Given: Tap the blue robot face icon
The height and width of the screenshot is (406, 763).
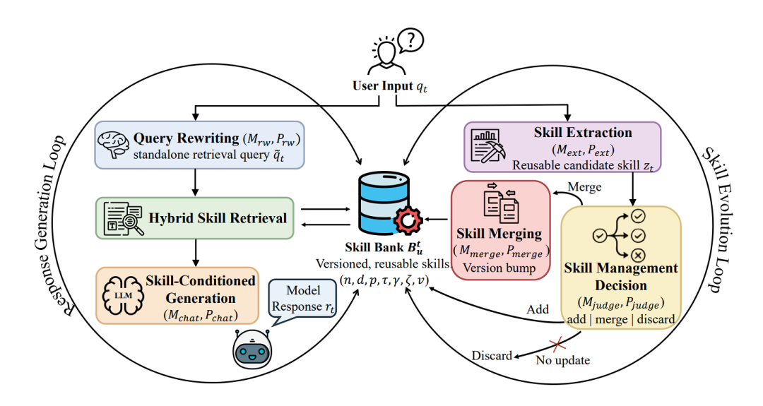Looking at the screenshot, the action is click(x=252, y=349).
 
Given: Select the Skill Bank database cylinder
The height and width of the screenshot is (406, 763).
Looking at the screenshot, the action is click(x=384, y=204).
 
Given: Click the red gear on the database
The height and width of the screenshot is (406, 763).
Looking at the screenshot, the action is click(x=408, y=220).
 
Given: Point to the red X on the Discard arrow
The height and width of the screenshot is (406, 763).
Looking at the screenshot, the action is click(x=557, y=345).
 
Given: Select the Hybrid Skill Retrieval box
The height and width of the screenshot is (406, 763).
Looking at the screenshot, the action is click(x=195, y=218).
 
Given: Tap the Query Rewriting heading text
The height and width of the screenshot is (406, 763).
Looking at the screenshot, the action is click(x=187, y=138).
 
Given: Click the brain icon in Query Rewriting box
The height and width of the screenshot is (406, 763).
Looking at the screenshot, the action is click(x=113, y=145).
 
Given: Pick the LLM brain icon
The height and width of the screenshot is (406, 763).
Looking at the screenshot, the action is click(x=123, y=295).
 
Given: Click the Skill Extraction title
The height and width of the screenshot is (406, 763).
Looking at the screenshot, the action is click(x=583, y=132).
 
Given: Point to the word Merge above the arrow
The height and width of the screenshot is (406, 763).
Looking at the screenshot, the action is click(x=584, y=187).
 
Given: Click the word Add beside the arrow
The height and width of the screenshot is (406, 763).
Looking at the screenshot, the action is click(x=538, y=309).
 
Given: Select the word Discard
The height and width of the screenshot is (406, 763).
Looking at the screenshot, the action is click(x=492, y=355).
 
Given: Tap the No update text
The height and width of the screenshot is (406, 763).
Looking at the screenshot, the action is click(x=563, y=360).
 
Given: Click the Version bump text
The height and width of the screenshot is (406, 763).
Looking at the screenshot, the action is click(x=499, y=268).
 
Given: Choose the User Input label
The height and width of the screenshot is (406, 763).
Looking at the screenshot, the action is click(x=390, y=87).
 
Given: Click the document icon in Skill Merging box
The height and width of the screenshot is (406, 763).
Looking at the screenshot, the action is click(x=501, y=203).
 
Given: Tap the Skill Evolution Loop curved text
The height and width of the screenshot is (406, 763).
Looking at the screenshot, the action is click(x=719, y=220).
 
